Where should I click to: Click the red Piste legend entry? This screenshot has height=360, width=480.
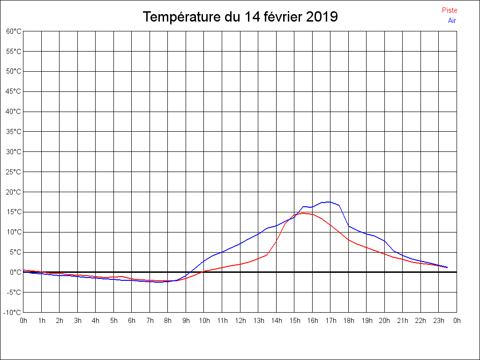449,10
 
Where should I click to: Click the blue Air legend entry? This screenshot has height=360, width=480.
452,21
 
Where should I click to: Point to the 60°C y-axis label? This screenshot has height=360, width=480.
14,31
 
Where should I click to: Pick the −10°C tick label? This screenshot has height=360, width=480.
13,312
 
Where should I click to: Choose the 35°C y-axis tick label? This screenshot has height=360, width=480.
14,132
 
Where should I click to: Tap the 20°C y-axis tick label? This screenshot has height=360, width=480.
14,192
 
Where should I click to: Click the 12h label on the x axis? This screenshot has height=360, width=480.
240,321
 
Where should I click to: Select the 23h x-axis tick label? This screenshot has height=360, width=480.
439,321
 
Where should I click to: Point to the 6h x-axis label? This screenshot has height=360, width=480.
132,321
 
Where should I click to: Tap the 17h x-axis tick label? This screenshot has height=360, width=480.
330,321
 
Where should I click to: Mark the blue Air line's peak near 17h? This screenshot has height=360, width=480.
330,202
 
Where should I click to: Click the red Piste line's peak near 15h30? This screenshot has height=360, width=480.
303,213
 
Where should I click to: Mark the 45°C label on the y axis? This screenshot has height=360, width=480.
14,91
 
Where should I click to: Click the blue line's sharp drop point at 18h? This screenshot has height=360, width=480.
348,226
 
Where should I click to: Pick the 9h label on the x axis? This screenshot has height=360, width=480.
186,321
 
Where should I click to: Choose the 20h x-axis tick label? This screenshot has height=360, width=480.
384,321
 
